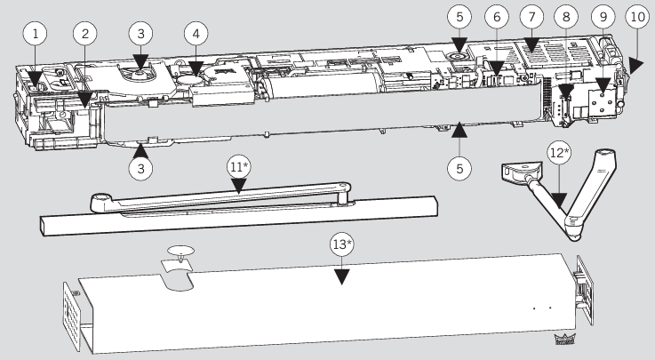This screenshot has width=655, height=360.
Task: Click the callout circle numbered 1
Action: pos(35,34)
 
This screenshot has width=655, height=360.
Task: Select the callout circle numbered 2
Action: pos(85,34)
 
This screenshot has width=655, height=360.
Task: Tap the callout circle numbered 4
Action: pos(196,34)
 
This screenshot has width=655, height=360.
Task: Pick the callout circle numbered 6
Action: pos(497,17)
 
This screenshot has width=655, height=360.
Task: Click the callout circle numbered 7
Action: pos(531,17)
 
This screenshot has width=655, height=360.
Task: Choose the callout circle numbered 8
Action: pos(566,17)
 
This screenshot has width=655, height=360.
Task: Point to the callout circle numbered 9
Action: pos(603,17)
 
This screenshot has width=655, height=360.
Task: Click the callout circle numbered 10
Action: pos(637,17)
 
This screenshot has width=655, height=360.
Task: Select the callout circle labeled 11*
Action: pos(239,167)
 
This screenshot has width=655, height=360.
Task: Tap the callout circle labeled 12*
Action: pos(559,153)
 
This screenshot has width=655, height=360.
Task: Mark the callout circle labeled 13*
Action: pos(341,244)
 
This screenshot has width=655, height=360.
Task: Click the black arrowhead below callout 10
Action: pos(636,66)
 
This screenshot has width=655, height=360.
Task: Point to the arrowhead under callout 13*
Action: pos(341,276)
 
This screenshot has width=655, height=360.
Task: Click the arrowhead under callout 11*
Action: pos(239,187)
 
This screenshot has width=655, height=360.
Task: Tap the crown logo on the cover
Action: pos(564,340)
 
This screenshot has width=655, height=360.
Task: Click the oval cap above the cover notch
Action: pos(181,251)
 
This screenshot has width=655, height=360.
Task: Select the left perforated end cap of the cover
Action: pos(71,316)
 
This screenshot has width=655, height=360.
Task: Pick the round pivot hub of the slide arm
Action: pos(100,201)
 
